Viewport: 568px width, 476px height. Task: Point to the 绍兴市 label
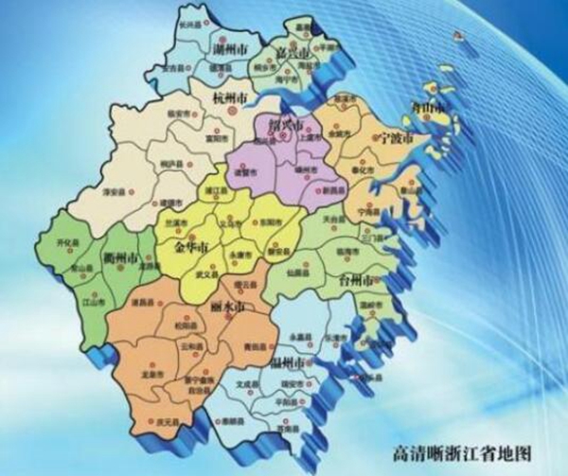[x=287, y=125]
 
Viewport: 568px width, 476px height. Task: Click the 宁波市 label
[x=395, y=138]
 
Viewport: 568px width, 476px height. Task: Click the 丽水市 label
[x=227, y=308]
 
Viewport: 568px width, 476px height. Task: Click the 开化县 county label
[x=67, y=242]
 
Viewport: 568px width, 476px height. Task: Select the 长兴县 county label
[x=188, y=21]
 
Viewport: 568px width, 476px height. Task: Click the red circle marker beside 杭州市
[x=230, y=111]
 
